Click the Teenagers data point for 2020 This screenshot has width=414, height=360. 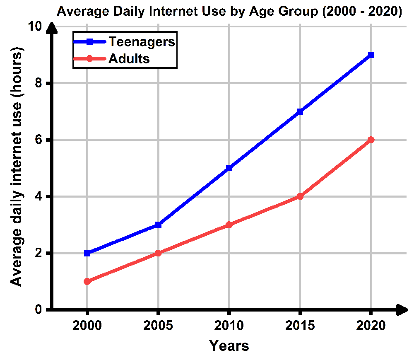[371, 55]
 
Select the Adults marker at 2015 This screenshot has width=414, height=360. [300, 196]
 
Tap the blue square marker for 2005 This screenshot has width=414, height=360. [158, 225]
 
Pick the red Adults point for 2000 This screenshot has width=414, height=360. [87, 281]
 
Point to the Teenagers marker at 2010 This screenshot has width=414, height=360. [229, 168]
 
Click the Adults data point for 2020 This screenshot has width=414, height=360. [371, 140]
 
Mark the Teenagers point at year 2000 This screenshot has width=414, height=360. [87, 253]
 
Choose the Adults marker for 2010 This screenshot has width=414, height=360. [229, 225]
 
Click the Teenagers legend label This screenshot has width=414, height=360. [142, 41]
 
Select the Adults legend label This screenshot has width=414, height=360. [129, 58]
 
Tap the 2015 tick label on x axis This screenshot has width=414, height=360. [300, 326]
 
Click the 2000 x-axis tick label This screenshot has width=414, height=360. [87, 326]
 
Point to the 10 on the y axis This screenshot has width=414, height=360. [35, 27]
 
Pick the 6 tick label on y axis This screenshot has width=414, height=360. [39, 140]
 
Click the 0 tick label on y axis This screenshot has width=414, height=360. [39, 310]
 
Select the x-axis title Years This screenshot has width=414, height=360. [229, 346]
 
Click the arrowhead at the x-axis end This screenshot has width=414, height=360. [402, 309]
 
